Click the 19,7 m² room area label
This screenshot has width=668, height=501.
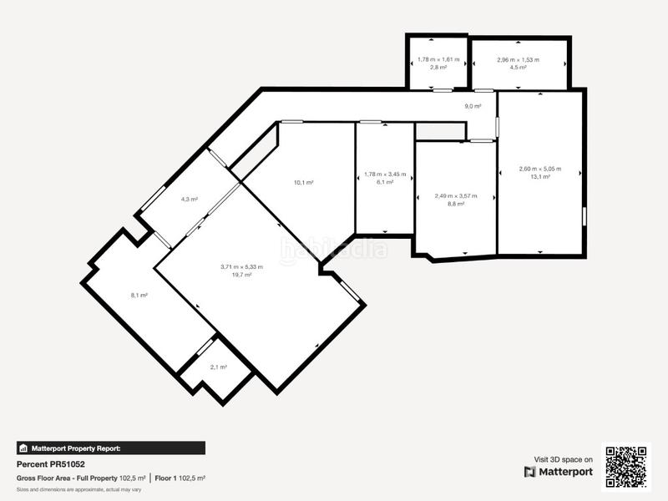tap(241, 275)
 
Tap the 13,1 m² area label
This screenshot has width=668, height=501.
tap(539, 176)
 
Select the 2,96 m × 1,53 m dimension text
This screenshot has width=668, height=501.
tap(518, 59)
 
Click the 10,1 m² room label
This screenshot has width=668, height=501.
tap(303, 182)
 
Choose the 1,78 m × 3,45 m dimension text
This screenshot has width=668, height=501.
tap(385, 175)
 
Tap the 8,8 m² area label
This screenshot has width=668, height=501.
tap(455, 204)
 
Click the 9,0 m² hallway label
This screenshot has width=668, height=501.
tap(473, 106)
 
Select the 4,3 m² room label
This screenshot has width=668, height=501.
tap(189, 200)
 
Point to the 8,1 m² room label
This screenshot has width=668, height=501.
tap(139, 295)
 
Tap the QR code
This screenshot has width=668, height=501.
tap(626, 466)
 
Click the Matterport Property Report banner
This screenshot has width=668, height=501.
tap(110, 448)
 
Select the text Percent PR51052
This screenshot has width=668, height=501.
tap(51, 463)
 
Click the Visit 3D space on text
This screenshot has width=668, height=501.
tap(563, 459)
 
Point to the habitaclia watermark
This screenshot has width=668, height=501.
tap(333, 249)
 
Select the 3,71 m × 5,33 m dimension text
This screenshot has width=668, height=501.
tap(241, 266)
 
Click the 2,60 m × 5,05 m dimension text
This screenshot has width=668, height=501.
tap(539, 169)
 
